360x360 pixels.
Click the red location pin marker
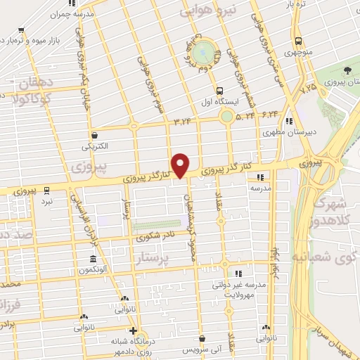point(181,165)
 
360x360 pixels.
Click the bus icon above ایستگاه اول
point(220,91)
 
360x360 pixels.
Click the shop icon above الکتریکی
point(94,135)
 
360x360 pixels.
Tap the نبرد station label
point(46,200)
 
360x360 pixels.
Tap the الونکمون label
point(92,270)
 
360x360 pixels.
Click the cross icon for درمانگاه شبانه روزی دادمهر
point(132,330)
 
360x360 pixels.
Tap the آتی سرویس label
point(182,349)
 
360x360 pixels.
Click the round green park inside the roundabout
point(204,51)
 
